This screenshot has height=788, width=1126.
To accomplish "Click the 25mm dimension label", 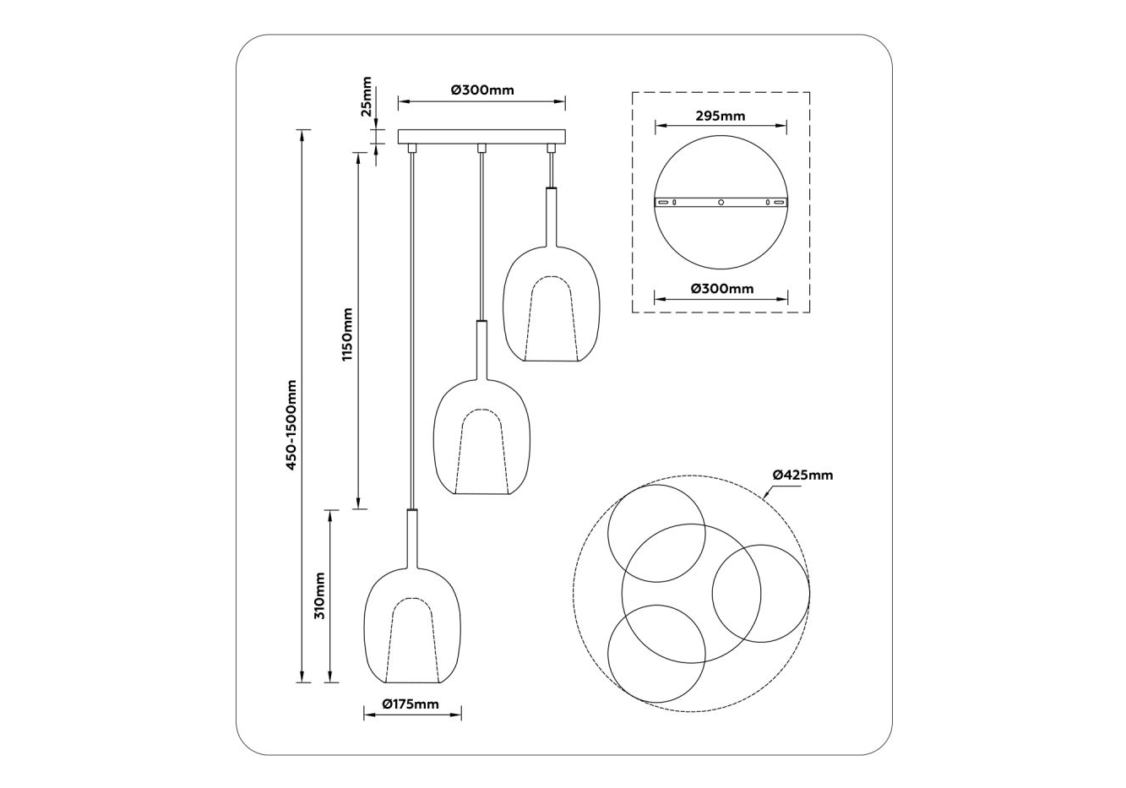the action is pyautogui.click(x=367, y=96).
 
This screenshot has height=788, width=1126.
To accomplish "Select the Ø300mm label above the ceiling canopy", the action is pyautogui.click(x=482, y=90).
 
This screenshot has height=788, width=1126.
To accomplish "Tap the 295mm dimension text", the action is pyautogui.click(x=721, y=116).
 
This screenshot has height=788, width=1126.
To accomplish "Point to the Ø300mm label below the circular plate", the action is pyautogui.click(x=722, y=289).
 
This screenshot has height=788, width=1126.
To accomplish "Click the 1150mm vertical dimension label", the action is pyautogui.click(x=347, y=334).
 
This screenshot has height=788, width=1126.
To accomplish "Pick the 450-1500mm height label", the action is pyautogui.click(x=291, y=425).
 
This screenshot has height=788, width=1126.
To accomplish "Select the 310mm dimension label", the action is pyautogui.click(x=319, y=596).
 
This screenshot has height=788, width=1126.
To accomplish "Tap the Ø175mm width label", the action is pyautogui.click(x=411, y=704).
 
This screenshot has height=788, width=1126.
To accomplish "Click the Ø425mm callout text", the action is pyautogui.click(x=802, y=475).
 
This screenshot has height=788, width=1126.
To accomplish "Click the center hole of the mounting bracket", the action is pyautogui.click(x=721, y=202).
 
